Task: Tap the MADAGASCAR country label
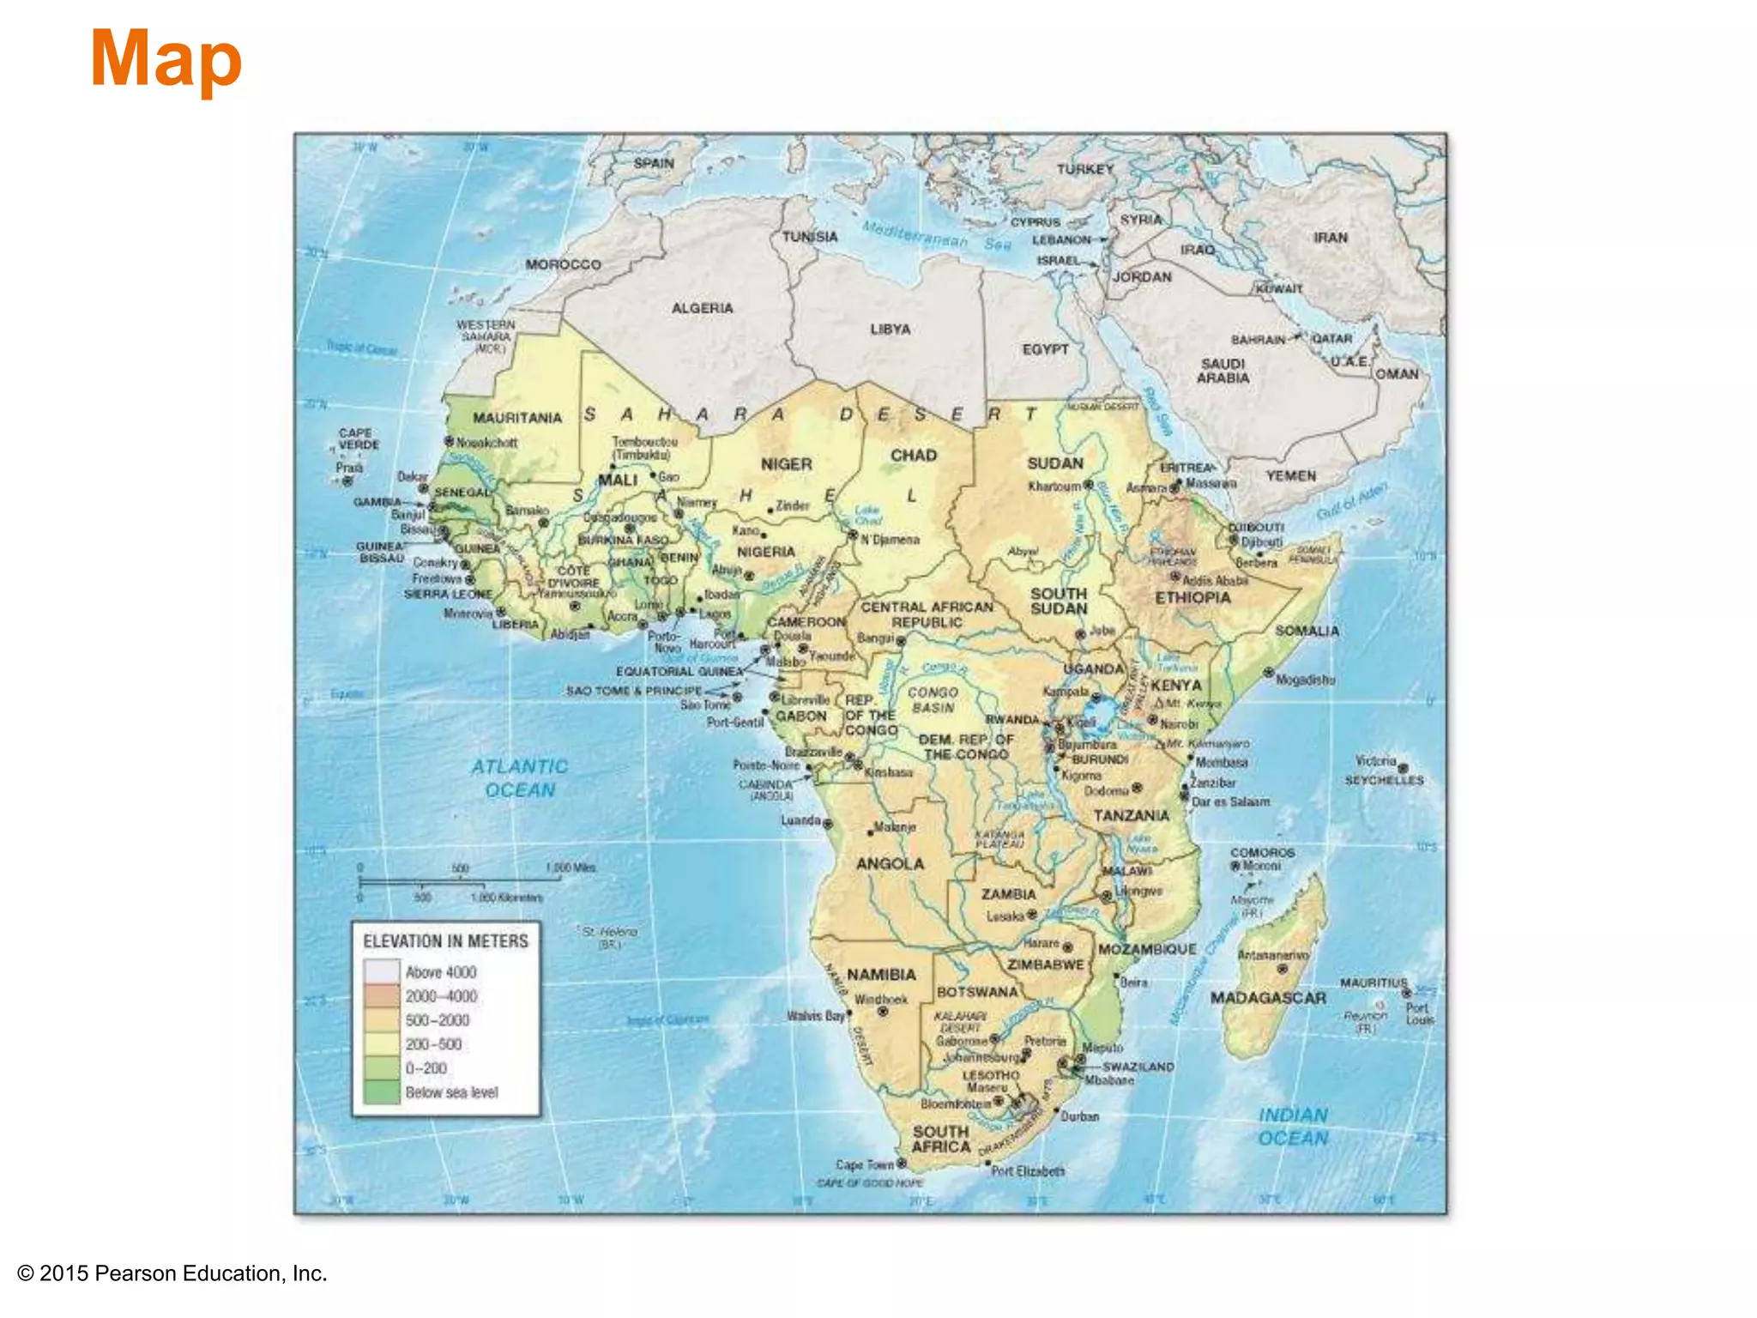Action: pyautogui.click(x=1267, y=998)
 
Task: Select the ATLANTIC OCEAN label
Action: pyautogui.click(x=520, y=778)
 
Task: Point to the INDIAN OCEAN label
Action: pyautogui.click(x=1293, y=1127)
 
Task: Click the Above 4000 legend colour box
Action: pyautogui.click(x=382, y=972)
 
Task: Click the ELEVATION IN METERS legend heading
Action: pyautogui.click(x=445, y=941)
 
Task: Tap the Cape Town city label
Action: pyautogui.click(x=865, y=1164)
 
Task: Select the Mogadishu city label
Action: pyautogui.click(x=1305, y=680)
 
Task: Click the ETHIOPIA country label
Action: pyautogui.click(x=1192, y=598)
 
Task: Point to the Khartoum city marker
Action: pyautogui.click(x=1089, y=485)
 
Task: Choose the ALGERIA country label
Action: pyautogui.click(x=702, y=308)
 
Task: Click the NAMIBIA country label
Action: pyautogui.click(x=881, y=975)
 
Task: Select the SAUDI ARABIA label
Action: pyautogui.click(x=1223, y=371)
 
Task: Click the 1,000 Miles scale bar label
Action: pyautogui.click(x=570, y=868)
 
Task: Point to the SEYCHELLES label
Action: pyautogui.click(x=1384, y=780)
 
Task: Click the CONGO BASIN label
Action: pyautogui.click(x=933, y=699)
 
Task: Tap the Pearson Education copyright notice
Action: pyautogui.click(x=172, y=1273)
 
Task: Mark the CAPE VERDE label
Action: pyautogui.click(x=358, y=438)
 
